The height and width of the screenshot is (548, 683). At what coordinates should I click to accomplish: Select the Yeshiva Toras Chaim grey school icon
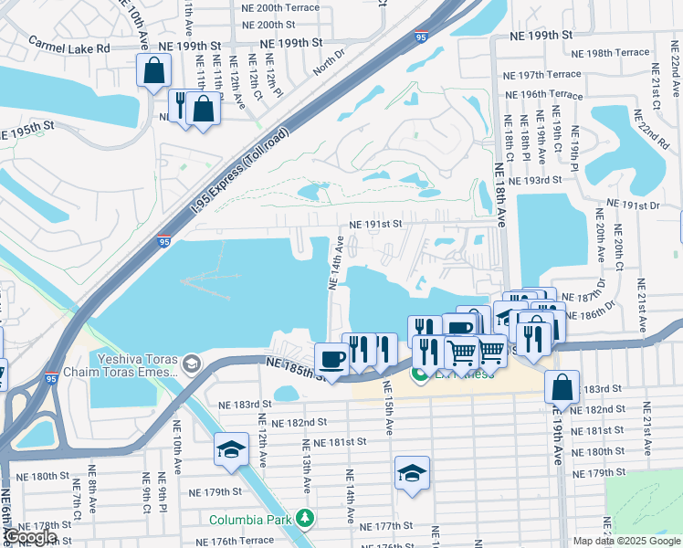(x=191, y=365)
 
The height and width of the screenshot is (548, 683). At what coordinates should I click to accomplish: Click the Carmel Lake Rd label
(x=68, y=44)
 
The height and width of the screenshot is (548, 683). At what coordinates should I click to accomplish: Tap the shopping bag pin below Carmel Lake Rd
(x=154, y=71)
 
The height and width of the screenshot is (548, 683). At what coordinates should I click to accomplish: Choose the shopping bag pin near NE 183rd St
(x=562, y=387)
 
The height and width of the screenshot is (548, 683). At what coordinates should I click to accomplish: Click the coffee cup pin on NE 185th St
(x=331, y=358)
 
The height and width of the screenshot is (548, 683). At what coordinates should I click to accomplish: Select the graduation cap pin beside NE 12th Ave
(x=231, y=449)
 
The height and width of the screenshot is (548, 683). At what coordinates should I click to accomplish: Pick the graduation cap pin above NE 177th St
(x=412, y=473)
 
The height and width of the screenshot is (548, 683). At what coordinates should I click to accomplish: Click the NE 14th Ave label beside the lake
(x=335, y=263)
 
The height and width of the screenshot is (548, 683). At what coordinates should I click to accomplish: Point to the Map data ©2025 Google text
(x=626, y=541)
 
